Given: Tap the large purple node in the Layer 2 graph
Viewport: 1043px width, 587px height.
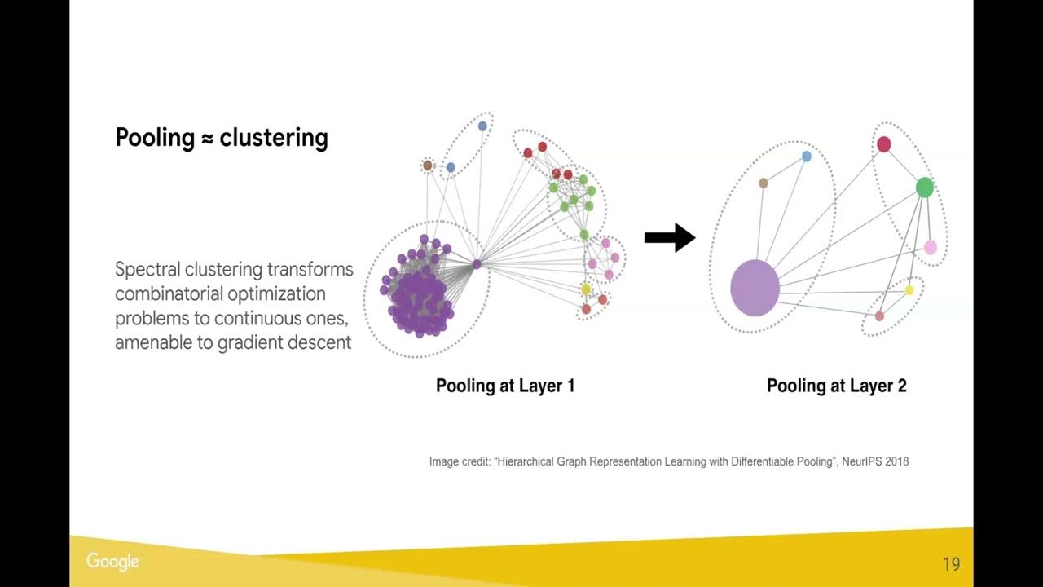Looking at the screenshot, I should (x=755, y=288).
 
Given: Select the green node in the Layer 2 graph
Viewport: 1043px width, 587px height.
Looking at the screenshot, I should (x=924, y=188).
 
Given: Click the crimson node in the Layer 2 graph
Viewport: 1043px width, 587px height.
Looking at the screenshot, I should (x=883, y=144).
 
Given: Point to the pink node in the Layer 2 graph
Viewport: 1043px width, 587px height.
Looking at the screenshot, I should (x=931, y=247).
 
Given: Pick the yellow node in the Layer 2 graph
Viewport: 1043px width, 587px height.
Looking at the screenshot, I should (x=909, y=290).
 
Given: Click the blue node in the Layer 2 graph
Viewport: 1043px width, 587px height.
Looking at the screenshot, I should (x=807, y=157).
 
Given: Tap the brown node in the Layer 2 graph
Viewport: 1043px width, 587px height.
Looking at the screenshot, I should (x=764, y=183).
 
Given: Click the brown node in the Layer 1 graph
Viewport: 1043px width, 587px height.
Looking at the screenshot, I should (x=428, y=166).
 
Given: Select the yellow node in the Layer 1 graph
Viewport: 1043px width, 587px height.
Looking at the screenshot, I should (x=586, y=289).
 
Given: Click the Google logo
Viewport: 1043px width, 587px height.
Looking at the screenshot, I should (x=112, y=562).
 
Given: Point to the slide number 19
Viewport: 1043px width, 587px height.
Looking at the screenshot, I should (x=951, y=564).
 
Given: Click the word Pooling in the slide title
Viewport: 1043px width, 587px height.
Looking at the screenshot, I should (x=155, y=138).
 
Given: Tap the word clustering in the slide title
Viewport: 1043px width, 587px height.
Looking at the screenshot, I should (x=274, y=138).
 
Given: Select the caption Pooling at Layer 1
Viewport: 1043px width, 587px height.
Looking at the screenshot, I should (x=505, y=386).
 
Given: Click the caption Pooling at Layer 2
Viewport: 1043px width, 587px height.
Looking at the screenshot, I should (x=836, y=386).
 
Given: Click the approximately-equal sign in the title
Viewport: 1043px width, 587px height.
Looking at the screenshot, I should (x=207, y=139).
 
